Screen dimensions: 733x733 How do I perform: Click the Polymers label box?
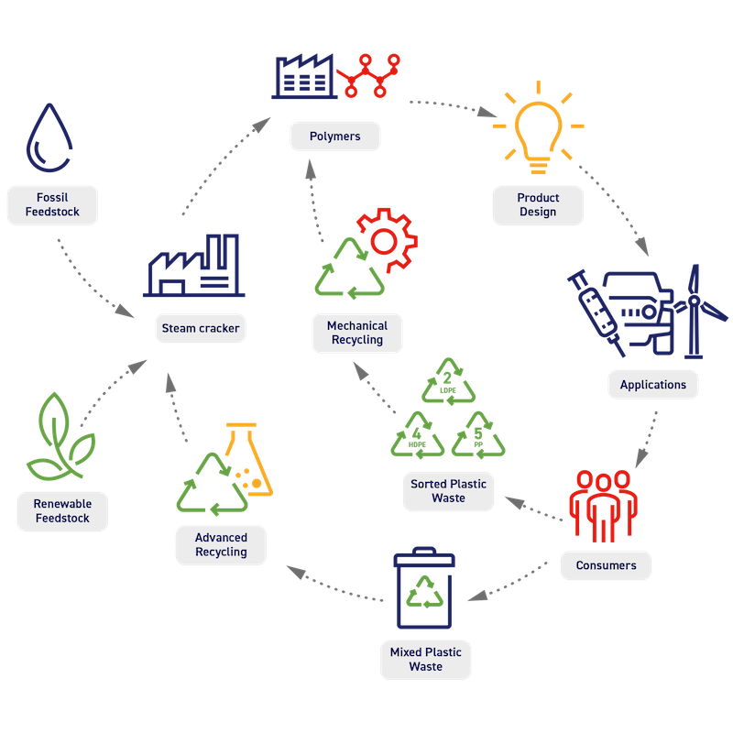334,137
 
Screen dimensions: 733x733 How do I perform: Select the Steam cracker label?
200,328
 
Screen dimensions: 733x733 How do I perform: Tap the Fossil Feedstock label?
52,204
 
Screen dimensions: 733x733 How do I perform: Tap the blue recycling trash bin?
424,591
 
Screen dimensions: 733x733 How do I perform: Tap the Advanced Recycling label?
221,545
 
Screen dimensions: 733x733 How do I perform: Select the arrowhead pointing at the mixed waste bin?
474,596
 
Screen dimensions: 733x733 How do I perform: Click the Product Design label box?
538,204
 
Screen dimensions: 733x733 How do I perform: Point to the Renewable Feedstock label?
62,511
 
